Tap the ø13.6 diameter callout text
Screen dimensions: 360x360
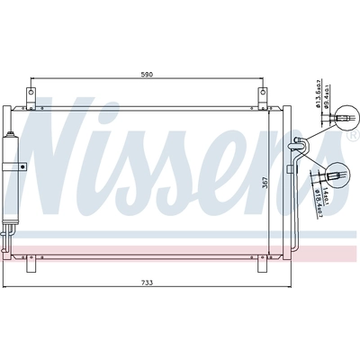320,91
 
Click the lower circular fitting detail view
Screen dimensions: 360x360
335,172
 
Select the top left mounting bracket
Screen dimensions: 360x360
31,95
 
